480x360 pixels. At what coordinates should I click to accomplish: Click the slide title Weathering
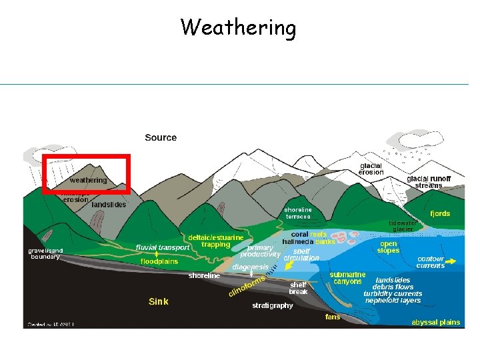(x=238, y=28)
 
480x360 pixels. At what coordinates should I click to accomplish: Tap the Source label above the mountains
(x=161, y=137)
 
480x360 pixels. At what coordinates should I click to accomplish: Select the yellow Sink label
(x=158, y=301)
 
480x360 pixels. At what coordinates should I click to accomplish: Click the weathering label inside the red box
(x=88, y=180)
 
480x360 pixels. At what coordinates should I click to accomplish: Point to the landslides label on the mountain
(x=109, y=205)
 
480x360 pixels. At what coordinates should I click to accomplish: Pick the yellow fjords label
(x=440, y=213)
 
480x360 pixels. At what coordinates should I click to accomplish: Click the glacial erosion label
(x=371, y=169)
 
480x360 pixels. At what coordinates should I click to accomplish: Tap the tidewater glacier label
(x=403, y=225)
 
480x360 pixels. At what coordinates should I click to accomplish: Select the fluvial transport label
(x=163, y=247)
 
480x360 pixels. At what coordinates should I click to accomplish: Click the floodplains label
(x=159, y=262)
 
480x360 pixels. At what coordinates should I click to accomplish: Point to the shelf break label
(x=298, y=287)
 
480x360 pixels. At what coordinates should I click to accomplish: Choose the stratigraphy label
(x=272, y=305)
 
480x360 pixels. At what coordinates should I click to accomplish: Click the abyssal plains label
(x=435, y=322)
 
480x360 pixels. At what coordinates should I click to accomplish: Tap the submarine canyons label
(x=347, y=277)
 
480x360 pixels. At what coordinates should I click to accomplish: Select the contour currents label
(x=430, y=262)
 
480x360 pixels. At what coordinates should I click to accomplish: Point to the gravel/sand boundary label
(x=45, y=253)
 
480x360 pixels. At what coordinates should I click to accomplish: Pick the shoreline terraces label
(x=298, y=213)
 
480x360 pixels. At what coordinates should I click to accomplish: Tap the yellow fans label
(x=332, y=317)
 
